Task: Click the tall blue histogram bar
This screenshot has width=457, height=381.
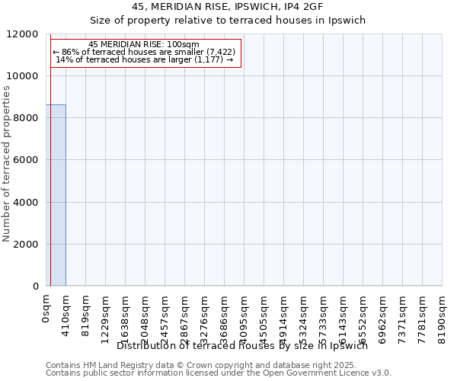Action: tap(56, 195)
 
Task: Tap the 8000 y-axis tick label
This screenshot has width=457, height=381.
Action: tap(24, 118)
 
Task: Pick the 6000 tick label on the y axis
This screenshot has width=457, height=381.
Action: tap(24, 160)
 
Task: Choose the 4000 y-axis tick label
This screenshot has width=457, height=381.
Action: tap(24, 203)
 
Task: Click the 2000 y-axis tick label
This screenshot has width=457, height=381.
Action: tap(24, 245)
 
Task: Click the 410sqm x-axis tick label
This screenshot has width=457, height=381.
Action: tap(66, 311)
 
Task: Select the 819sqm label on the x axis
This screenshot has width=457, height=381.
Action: tap(86, 311)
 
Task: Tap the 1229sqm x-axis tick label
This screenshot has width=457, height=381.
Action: tap(106, 313)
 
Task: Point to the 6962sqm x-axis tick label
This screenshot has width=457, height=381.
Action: tap(383, 313)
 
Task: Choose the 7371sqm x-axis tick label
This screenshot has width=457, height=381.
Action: tap(403, 313)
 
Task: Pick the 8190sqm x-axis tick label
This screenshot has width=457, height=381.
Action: tap(443, 313)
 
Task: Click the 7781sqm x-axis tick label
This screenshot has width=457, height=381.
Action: tap(423, 313)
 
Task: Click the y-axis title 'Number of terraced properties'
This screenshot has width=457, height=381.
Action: tap(7, 164)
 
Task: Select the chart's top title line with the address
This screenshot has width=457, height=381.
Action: tap(228, 6)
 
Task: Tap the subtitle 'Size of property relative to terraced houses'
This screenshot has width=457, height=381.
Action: tap(228, 20)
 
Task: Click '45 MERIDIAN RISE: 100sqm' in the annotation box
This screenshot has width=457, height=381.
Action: tap(144, 44)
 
